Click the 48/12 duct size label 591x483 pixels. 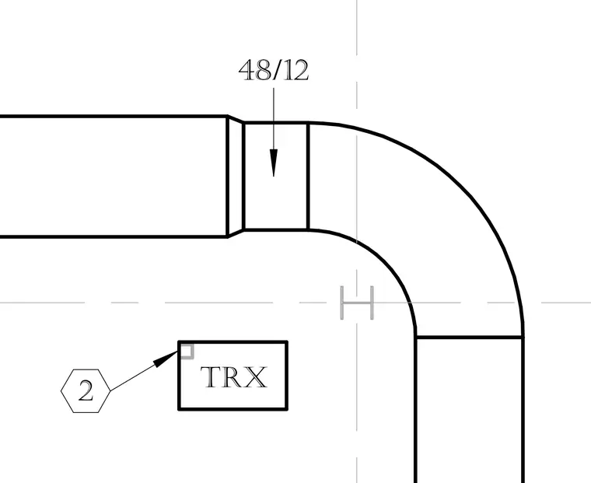click(274, 70)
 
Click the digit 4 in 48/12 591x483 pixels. click(247, 70)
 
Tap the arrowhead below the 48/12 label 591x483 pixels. click(274, 163)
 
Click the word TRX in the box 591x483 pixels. click(234, 377)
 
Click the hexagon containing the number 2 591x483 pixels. click(86, 391)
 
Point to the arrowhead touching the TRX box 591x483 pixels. click(166, 359)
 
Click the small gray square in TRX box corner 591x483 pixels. click(187, 352)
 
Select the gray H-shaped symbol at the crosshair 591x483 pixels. click(357, 303)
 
